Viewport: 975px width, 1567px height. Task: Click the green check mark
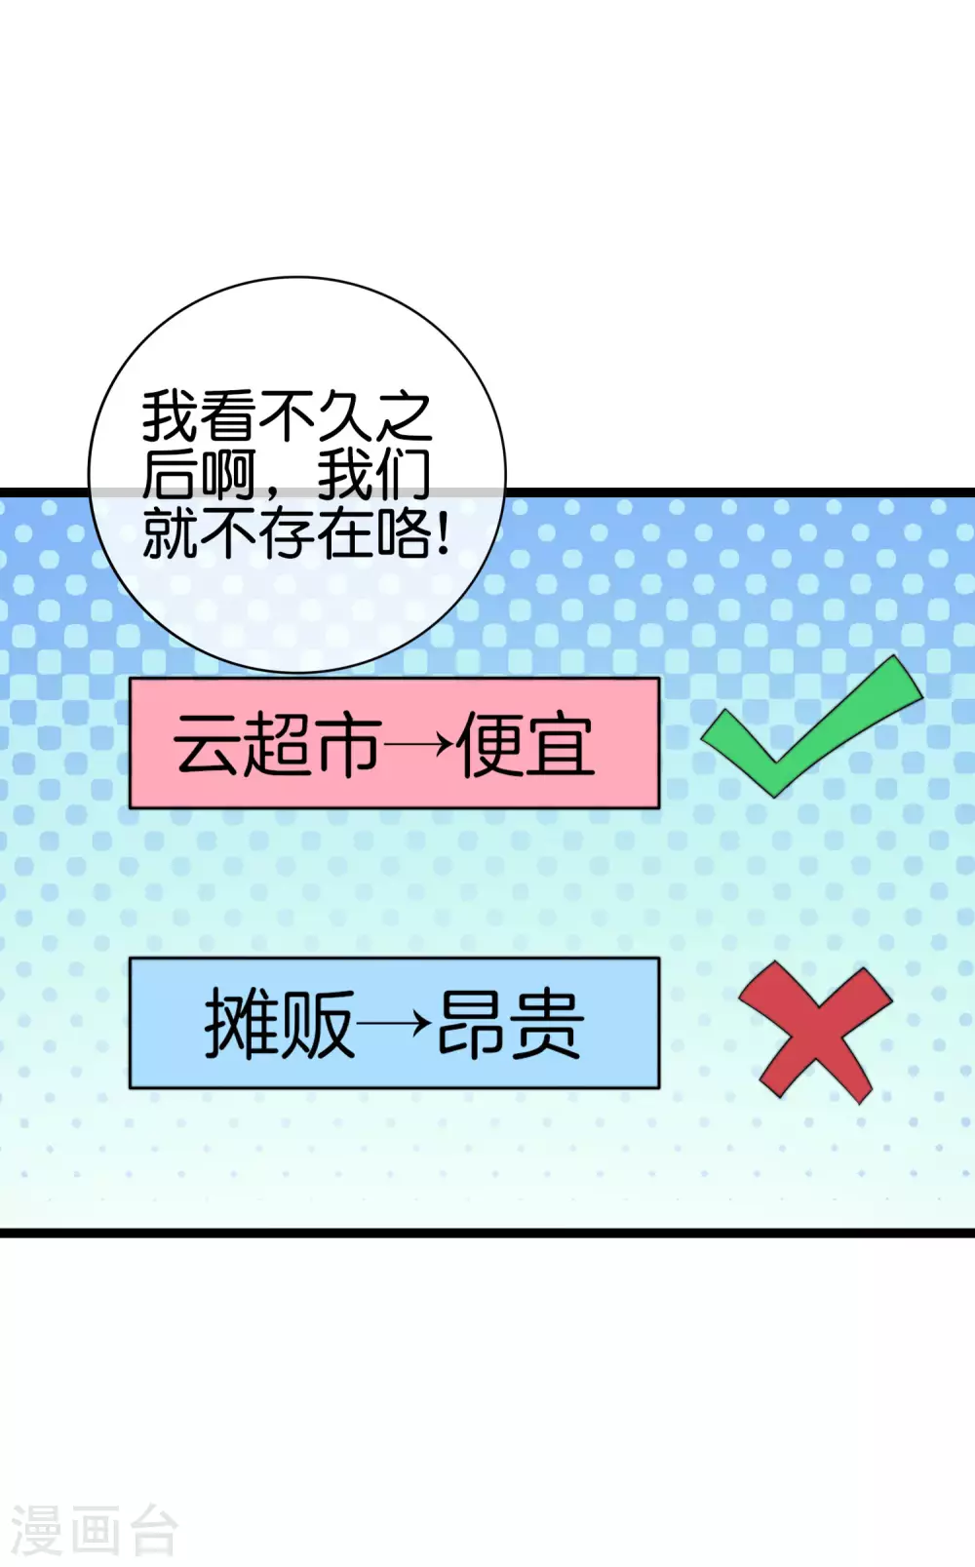pos(811,726)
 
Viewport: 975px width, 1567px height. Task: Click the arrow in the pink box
pos(418,746)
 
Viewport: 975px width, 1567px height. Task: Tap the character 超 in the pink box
pos(277,745)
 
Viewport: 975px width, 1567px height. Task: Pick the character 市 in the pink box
pos(347,745)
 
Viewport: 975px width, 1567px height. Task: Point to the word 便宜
pos(526,745)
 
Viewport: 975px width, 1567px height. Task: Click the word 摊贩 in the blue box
pos(280,1024)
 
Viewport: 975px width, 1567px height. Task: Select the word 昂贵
pos(510,1024)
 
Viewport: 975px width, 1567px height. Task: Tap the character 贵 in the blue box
pos(548,1024)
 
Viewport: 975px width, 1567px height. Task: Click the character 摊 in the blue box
pos(242,1024)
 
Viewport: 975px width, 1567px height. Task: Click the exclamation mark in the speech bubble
pos(444,532)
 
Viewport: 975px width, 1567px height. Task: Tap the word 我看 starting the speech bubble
pos(200,415)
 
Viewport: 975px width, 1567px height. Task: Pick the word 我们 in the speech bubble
pos(374,475)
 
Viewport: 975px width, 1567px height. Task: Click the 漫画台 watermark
pos(94,1530)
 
